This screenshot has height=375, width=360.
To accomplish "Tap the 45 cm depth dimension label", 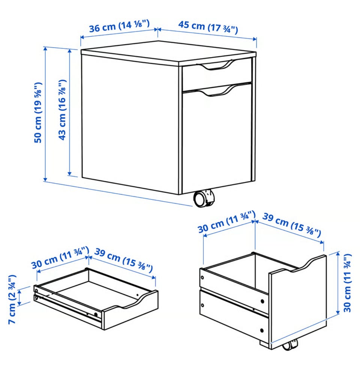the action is pyautogui.click(x=208, y=27).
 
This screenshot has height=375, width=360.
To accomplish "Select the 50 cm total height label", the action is pyautogui.click(x=38, y=113).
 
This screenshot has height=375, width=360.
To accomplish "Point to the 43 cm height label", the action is pyautogui.click(x=62, y=110).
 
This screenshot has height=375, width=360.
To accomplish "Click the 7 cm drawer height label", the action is pyautogui.click(x=12, y=300).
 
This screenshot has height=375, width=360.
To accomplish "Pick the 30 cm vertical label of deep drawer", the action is pyautogui.click(x=347, y=283).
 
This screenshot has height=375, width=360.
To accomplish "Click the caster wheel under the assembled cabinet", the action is pyautogui.click(x=204, y=198).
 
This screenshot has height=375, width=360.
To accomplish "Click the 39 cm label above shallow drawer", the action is pyautogui.click(x=123, y=260).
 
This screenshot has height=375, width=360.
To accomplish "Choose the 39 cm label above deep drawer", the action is pyautogui.click(x=292, y=224).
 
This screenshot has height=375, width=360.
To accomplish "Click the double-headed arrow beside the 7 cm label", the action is pyautogui.click(x=20, y=297).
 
